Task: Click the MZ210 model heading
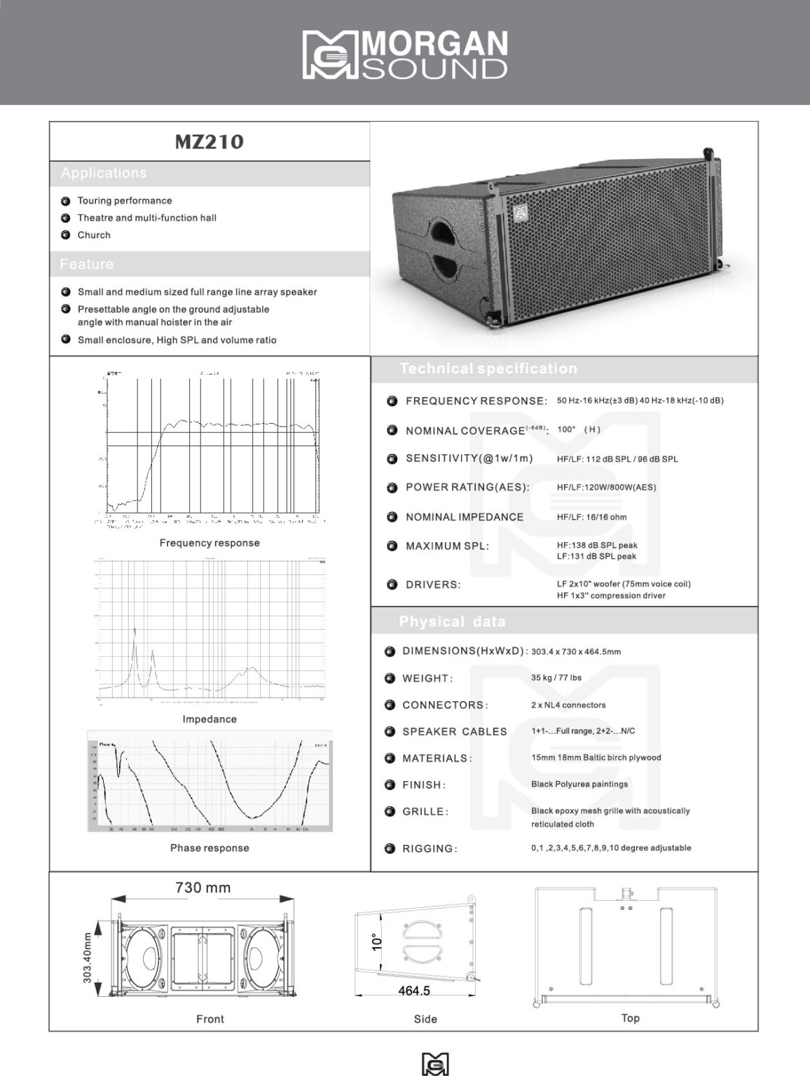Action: click(x=209, y=142)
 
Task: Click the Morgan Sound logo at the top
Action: click(x=405, y=54)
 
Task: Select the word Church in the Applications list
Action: click(x=94, y=235)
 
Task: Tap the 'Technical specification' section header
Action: click(x=488, y=368)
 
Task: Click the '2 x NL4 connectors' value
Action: click(x=568, y=705)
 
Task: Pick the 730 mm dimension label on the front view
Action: click(x=202, y=888)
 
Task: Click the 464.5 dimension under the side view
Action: click(x=414, y=991)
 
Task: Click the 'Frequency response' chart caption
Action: click(x=210, y=543)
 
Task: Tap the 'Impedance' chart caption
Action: click(x=210, y=719)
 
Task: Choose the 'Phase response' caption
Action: click(x=210, y=848)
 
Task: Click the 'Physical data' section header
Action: click(x=452, y=621)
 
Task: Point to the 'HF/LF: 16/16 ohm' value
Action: click(x=592, y=517)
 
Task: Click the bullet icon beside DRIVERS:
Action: click(x=392, y=584)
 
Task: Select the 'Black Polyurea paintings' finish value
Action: click(x=579, y=784)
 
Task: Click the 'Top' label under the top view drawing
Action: click(x=631, y=1018)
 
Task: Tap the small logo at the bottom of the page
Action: click(x=435, y=1063)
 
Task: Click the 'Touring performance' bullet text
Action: click(x=125, y=201)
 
